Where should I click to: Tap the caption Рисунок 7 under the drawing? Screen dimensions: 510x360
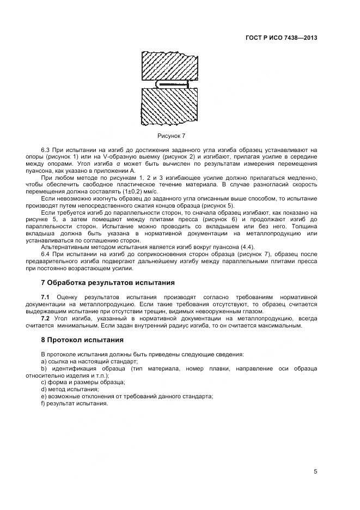172,135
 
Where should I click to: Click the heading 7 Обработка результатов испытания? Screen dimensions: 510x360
108,283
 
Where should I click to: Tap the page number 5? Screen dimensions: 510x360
315,471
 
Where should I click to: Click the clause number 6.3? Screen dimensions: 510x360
46,149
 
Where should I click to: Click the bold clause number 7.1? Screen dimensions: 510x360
46,296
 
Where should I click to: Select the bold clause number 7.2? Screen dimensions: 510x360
46,318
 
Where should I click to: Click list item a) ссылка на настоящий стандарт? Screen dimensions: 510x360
89,361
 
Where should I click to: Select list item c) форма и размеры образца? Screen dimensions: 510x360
83,382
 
